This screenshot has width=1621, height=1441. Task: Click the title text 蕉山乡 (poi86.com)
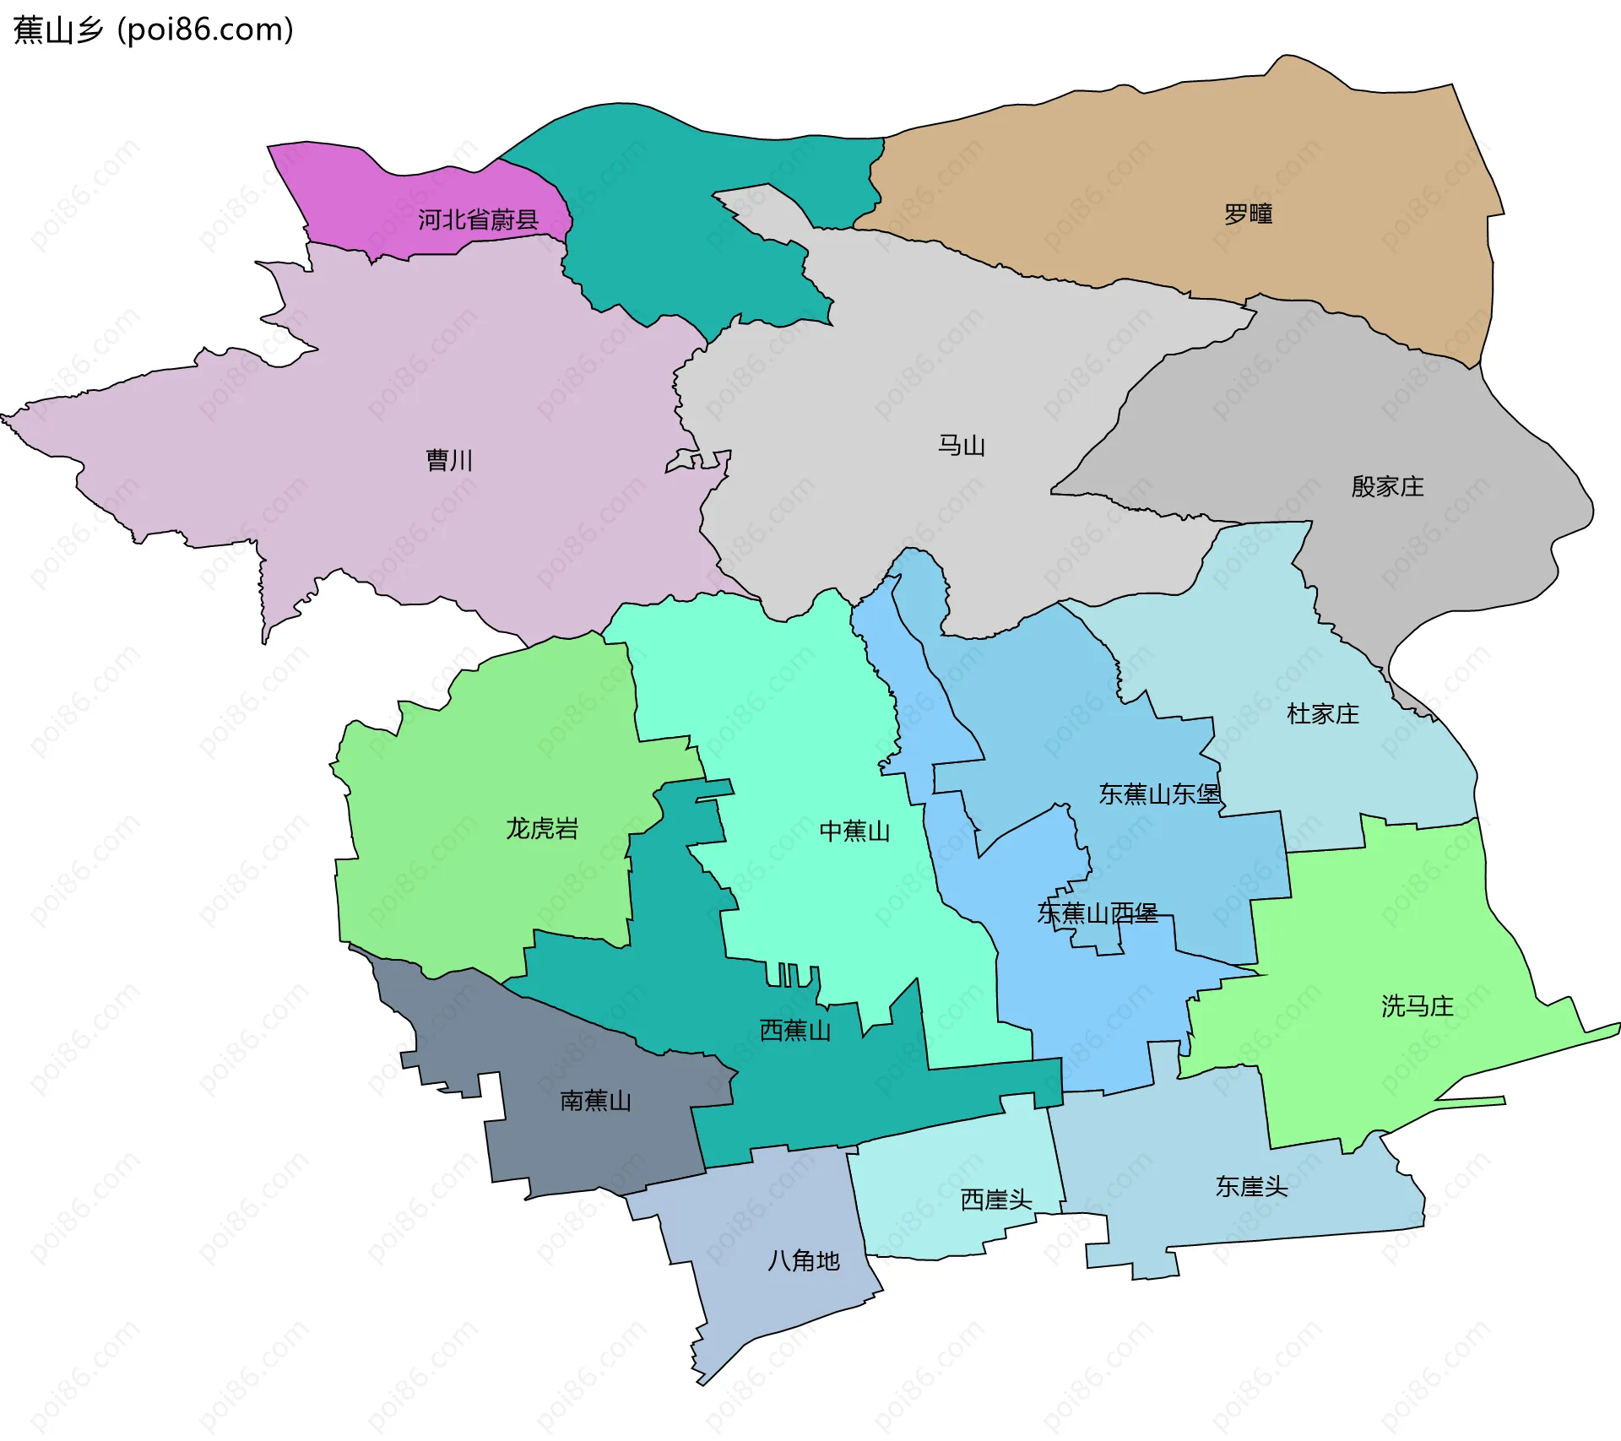point(154,30)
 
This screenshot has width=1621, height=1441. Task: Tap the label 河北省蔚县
point(478,220)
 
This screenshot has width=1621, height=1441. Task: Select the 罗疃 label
point(1249,214)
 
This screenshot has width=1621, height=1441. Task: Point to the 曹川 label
point(449,460)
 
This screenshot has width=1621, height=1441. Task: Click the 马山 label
point(962,446)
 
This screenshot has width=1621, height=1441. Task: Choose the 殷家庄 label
point(1387,486)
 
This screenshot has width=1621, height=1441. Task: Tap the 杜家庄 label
point(1323,714)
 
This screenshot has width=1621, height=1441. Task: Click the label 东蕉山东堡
point(1160,794)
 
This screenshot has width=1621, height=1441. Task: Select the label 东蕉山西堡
point(1098,913)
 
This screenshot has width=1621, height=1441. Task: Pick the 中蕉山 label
point(855,832)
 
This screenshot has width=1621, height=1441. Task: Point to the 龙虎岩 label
point(542,829)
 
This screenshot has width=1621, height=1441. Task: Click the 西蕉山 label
point(795,1031)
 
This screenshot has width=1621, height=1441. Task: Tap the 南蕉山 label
point(596,1101)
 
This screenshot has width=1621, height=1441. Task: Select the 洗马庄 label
point(1418,1006)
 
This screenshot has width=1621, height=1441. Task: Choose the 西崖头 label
point(996,1200)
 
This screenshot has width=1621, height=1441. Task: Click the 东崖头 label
point(1252,1187)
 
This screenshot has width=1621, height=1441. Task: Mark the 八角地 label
point(804,1261)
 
